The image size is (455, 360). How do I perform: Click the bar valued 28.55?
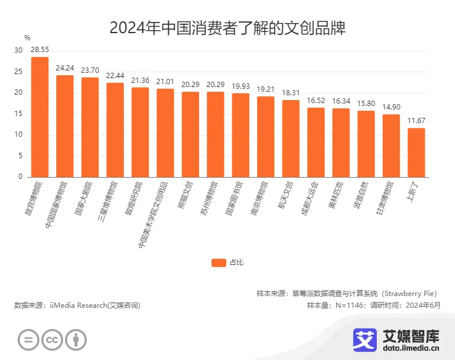40,117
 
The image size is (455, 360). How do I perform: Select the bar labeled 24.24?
65,126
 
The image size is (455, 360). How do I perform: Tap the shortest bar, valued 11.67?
416,152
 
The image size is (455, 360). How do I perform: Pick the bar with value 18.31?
290,139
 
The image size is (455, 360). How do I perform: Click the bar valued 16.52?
316,142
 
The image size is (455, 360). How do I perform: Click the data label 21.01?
165,81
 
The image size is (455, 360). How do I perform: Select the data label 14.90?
391,107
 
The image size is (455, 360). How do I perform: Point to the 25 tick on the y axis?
20,72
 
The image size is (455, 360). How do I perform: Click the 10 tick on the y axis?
20,135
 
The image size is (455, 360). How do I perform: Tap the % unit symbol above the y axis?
27,38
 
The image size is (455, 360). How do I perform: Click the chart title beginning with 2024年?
227,28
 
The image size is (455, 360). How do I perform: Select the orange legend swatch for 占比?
219,262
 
